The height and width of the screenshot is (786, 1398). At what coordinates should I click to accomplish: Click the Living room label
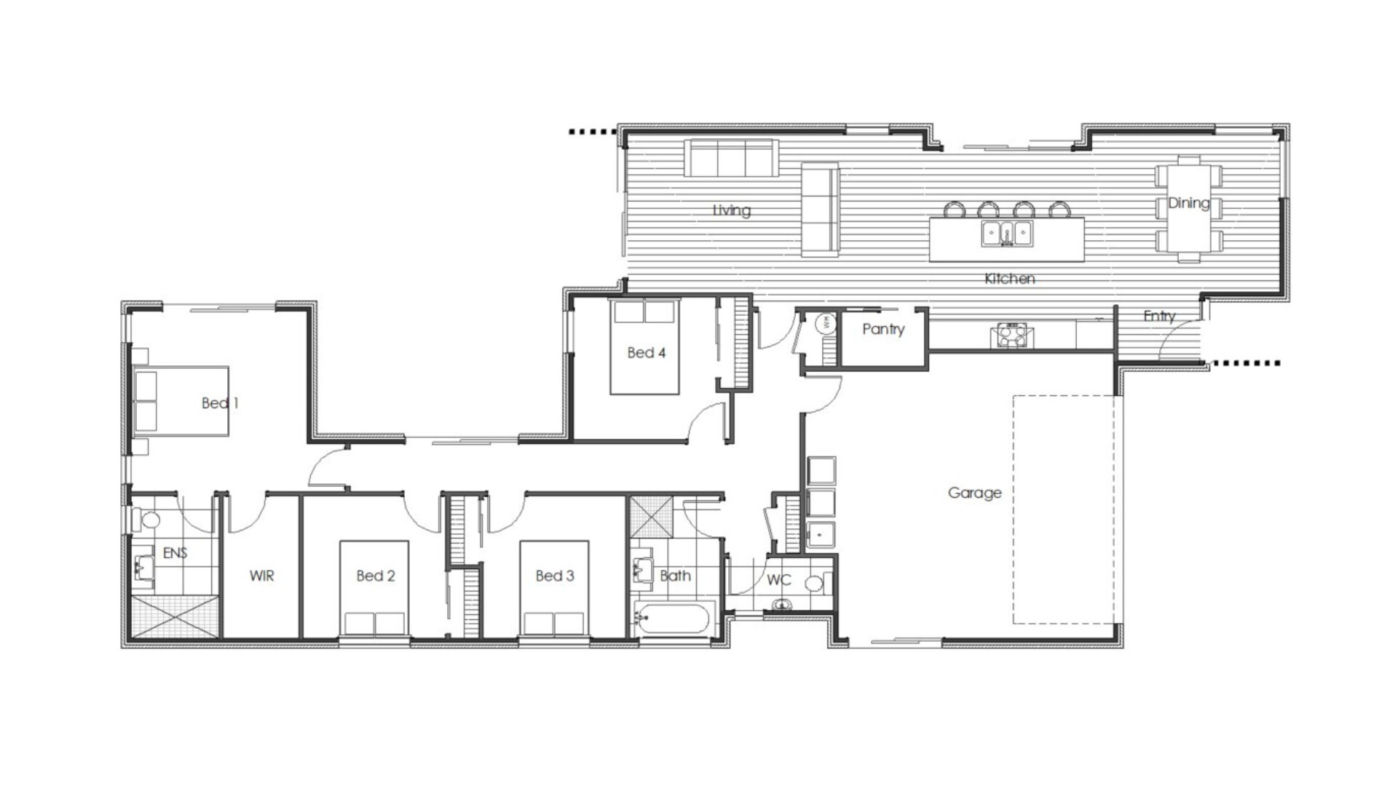point(731,210)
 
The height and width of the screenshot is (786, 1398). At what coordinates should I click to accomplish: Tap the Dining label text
point(1188,203)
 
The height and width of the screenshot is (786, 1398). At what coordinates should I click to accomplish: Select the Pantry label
point(883,329)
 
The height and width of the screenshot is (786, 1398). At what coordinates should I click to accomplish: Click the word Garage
point(974,493)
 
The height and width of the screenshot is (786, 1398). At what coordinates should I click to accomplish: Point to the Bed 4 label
point(646,353)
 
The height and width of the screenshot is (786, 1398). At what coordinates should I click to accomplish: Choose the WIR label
point(261,576)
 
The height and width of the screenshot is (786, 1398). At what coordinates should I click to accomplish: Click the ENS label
point(175,553)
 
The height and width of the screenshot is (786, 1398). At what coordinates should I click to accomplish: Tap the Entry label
point(1158,316)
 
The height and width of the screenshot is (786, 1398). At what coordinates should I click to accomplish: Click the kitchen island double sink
point(1007,234)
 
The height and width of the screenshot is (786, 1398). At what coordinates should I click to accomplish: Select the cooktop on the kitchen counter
point(1011,336)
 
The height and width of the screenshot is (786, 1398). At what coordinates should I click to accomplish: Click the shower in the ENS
point(175,618)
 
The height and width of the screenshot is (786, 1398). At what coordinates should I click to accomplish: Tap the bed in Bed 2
point(374,588)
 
